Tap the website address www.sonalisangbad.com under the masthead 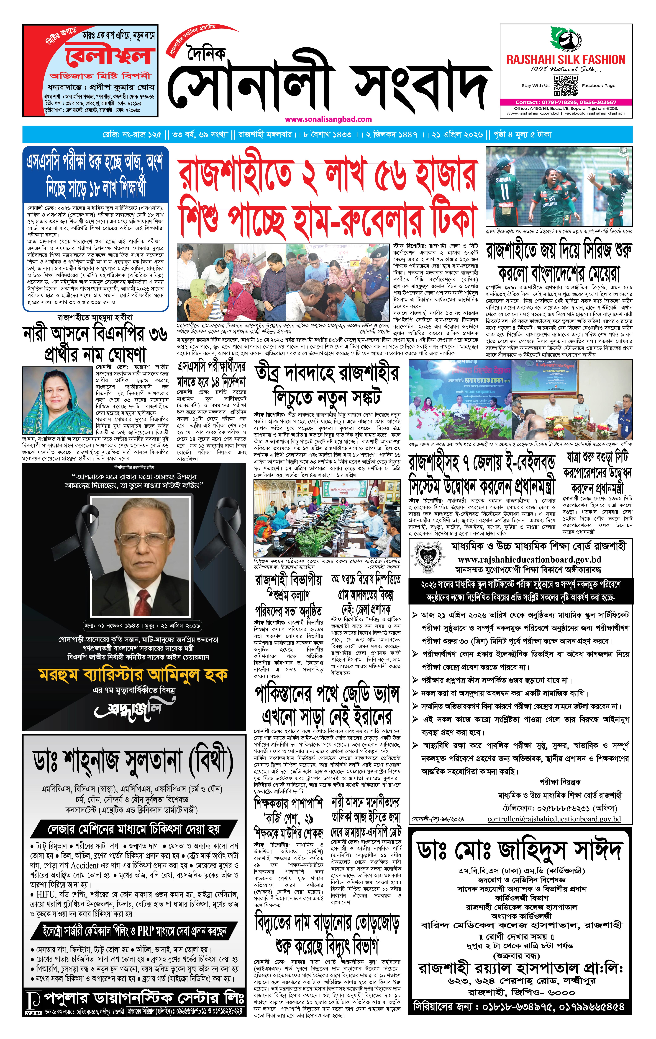click(328, 119)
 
